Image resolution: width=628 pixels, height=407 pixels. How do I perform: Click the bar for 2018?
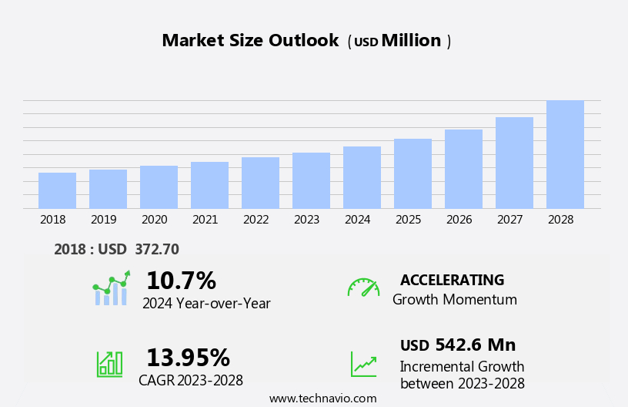tap(57, 190)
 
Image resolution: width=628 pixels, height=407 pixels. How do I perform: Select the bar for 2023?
tap(311, 180)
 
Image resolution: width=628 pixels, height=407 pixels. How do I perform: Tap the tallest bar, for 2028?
tap(565, 154)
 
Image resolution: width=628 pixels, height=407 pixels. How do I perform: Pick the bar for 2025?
tap(413, 173)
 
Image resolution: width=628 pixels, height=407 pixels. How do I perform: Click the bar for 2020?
tap(159, 187)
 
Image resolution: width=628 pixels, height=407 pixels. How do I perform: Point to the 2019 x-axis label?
tap(104, 220)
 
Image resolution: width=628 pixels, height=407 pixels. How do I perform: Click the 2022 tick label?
tap(256, 220)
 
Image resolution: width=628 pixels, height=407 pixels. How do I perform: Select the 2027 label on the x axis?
tap(510, 220)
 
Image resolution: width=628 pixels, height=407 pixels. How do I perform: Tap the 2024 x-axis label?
tap(358, 220)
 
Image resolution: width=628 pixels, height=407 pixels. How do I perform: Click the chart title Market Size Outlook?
tap(250, 41)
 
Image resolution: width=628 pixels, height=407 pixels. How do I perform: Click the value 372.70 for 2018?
tap(157, 249)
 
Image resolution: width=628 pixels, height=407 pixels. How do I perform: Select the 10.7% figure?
tap(181, 281)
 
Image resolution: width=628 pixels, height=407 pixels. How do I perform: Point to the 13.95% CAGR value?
tap(188, 358)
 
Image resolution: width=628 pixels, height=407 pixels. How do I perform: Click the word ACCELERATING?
tap(452, 280)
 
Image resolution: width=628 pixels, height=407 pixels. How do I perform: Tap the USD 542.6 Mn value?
tap(458, 345)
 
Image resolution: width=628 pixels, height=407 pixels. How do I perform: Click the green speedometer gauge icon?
tap(363, 288)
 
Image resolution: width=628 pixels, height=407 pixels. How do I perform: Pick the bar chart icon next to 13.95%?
tap(109, 363)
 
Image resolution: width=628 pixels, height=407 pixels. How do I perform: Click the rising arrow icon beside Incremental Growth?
tap(363, 364)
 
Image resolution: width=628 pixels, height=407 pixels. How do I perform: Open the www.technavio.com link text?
tap(322, 399)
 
